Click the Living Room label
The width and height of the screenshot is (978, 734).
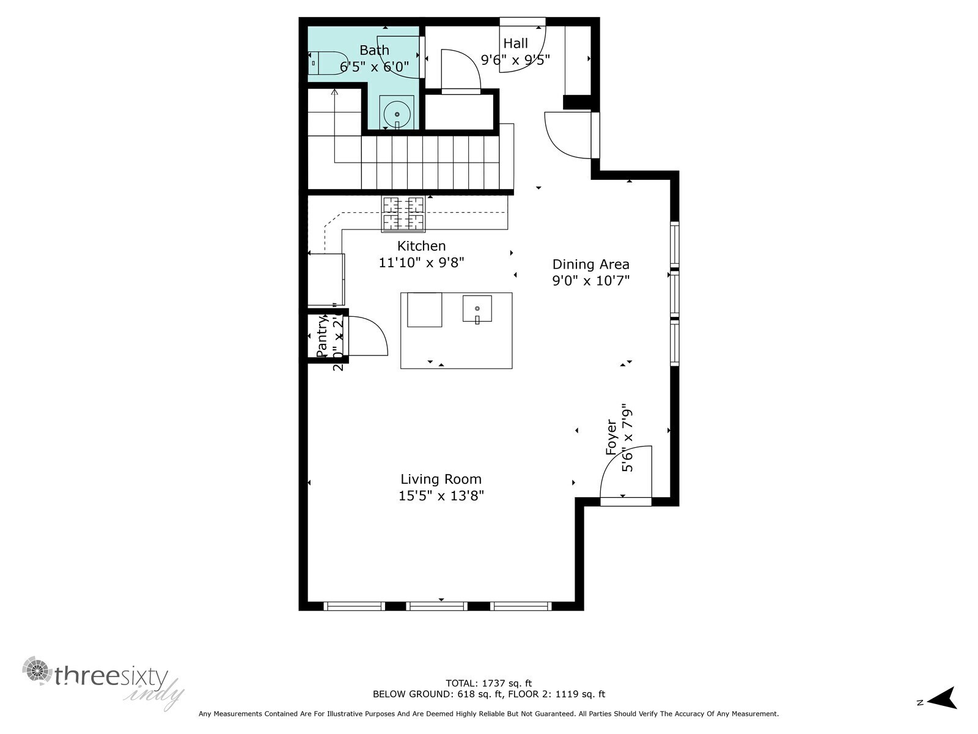click(441, 480)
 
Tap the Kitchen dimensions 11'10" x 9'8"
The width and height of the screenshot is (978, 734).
click(421, 263)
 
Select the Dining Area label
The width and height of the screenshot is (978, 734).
click(590, 264)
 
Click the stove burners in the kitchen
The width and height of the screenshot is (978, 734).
click(403, 213)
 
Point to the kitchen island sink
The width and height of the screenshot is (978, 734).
click(477, 309)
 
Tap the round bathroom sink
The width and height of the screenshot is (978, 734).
click(397, 114)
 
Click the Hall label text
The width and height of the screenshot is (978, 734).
click(515, 43)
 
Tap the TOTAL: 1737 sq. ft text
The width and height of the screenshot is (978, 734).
click(488, 683)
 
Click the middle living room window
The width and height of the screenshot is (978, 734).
click(437, 606)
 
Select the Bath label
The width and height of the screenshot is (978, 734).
click(374, 50)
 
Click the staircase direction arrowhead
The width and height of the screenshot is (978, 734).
click(334, 92)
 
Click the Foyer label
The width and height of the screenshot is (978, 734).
click(611, 437)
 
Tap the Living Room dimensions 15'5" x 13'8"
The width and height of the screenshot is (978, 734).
click(441, 496)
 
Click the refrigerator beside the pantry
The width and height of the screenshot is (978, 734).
click(325, 280)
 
